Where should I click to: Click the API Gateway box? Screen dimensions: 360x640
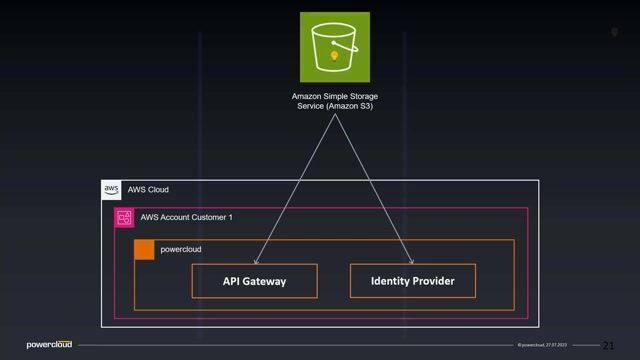254,281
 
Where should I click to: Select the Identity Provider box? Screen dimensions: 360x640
412,281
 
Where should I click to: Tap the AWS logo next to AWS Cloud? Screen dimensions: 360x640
111,189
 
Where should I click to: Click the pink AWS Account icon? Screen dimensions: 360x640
124,217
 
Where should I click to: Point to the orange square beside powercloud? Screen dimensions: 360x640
144,249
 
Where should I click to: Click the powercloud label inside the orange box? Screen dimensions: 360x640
182,249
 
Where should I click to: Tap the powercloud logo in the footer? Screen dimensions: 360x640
49,345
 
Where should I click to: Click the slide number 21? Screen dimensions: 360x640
607,345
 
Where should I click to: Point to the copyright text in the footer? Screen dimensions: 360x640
545,345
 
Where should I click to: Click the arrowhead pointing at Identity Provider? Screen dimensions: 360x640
410,262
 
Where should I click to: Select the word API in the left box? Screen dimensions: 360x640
231,281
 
